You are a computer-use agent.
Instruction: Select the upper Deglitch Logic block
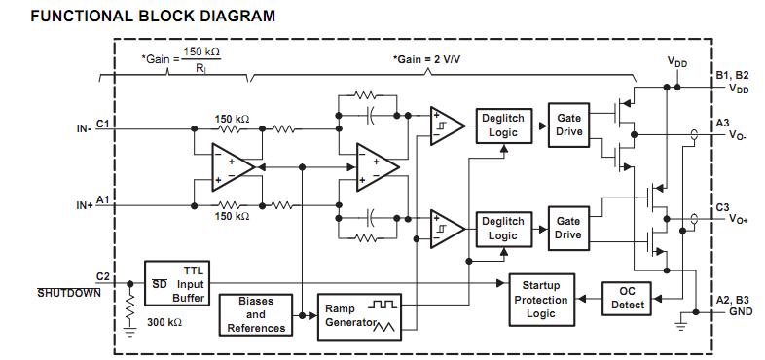click(x=502, y=126)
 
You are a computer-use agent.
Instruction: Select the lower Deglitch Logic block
click(x=502, y=229)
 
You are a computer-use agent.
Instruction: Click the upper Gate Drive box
click(x=568, y=126)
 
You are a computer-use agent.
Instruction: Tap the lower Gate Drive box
click(x=568, y=229)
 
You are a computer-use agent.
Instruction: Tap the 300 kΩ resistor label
click(x=165, y=320)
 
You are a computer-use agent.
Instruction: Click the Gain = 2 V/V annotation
click(x=429, y=59)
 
